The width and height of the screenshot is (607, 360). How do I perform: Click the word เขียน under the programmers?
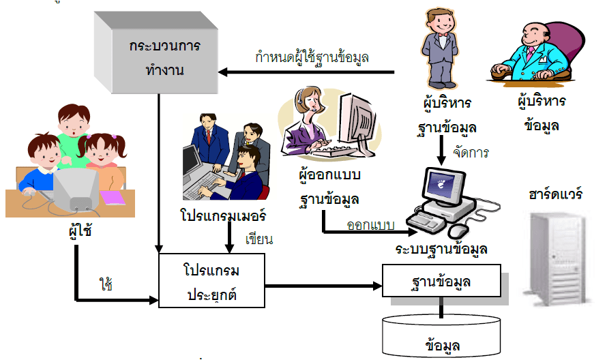[258, 239]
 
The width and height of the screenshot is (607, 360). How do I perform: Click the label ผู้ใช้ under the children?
[76, 230]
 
